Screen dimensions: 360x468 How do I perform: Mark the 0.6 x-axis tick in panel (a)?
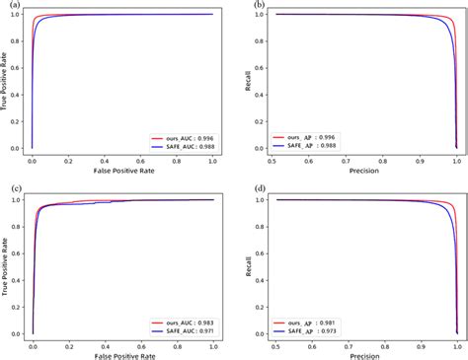pyautogui.click(x=141, y=160)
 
